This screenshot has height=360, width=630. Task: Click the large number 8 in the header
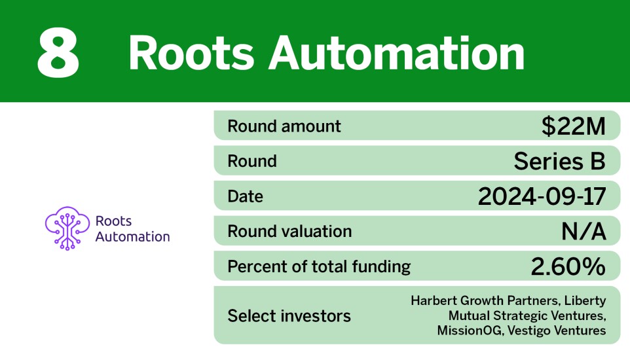pos(58,53)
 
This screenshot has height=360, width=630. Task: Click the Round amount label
pos(284,126)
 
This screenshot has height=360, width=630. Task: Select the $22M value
pos(573,126)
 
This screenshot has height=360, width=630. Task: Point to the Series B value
pos(559,161)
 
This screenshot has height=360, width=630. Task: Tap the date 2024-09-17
pos(542,196)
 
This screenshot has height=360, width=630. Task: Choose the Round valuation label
pos(289,231)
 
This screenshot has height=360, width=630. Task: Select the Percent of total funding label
pos(319,266)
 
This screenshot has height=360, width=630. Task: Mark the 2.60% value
pos(568,266)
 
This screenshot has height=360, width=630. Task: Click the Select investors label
pos(289,316)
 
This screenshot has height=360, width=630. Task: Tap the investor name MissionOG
pos(466,331)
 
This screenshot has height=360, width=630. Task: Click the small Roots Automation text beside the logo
pos(132,229)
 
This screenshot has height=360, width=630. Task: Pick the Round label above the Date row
pos(252,161)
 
